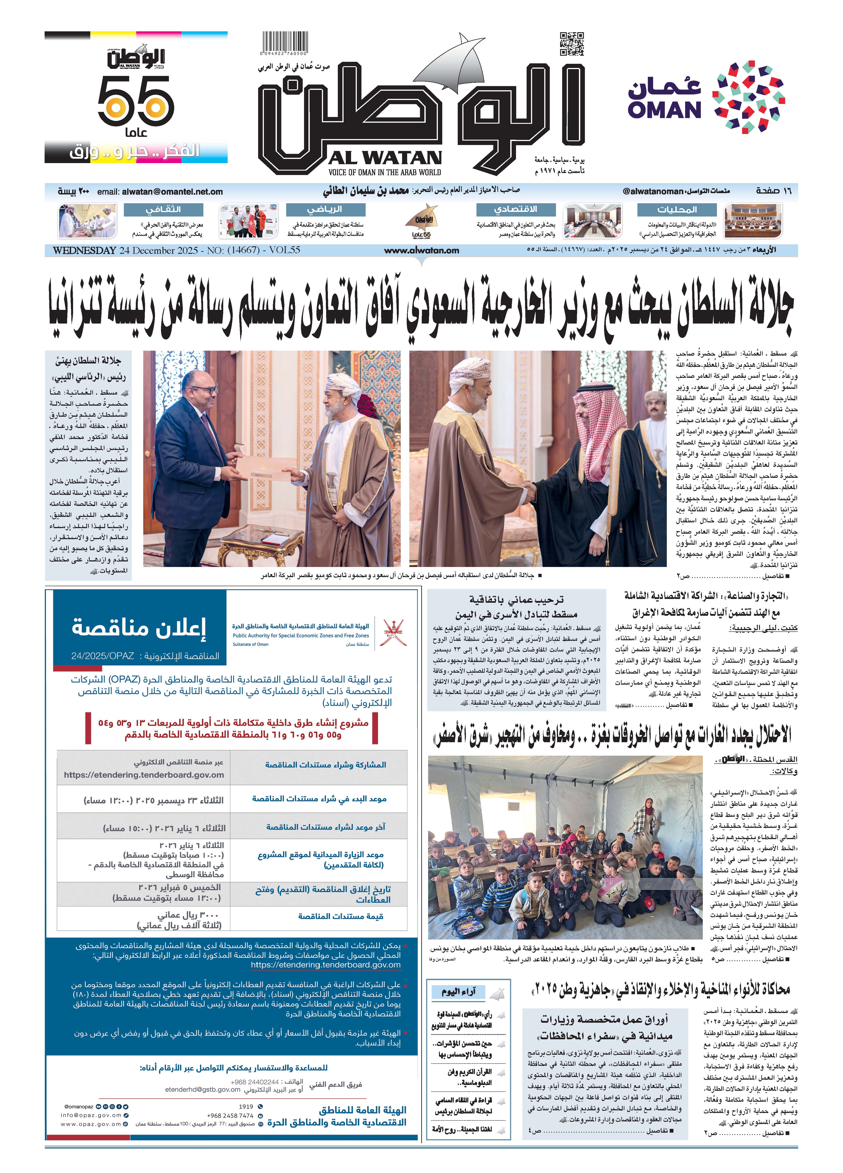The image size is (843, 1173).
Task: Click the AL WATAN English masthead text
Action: tap(384, 158)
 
